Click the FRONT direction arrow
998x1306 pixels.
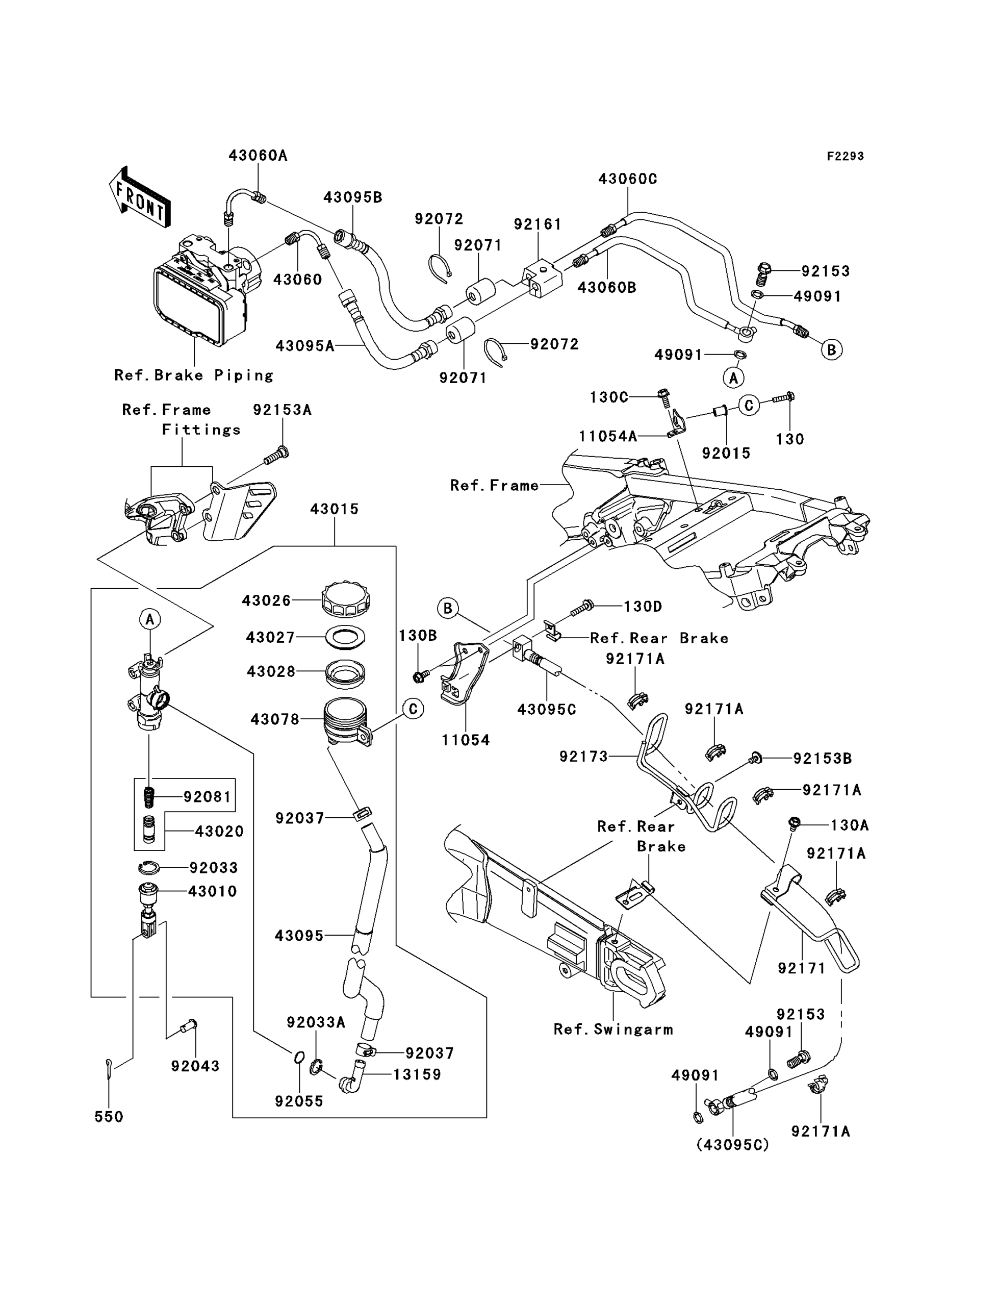[x=140, y=198]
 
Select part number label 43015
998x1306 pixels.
[x=335, y=509]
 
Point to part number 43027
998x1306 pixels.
[x=270, y=638]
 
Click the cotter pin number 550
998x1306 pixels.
[x=109, y=1116]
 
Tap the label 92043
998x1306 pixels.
[x=195, y=1066]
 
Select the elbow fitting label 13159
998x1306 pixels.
[x=417, y=1074]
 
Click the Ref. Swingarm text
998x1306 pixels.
[x=613, y=1029]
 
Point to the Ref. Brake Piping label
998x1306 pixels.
[x=194, y=375]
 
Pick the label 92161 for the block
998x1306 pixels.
[x=538, y=224]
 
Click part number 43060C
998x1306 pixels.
[x=627, y=179]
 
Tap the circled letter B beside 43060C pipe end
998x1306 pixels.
[x=831, y=350]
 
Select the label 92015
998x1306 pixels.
[x=726, y=454]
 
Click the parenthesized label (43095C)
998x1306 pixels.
[x=732, y=1144]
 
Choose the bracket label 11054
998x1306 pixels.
[x=465, y=740]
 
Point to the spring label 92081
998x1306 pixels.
[x=207, y=796]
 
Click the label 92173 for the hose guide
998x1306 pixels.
[x=583, y=757]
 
